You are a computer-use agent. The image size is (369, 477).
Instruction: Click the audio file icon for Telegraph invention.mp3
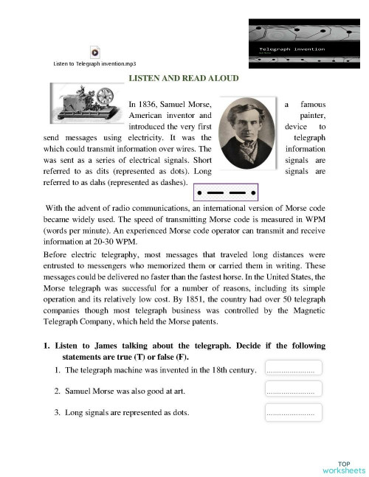coord(94,52)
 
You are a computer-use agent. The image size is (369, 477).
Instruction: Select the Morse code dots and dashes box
coord(225,193)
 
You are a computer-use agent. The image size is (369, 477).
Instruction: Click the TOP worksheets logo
coord(342,466)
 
